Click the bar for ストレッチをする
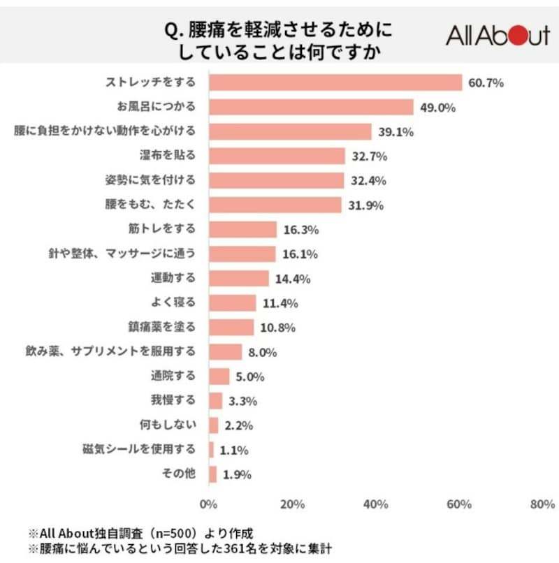click(335, 83)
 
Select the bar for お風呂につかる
click(311, 108)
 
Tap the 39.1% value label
click(395, 132)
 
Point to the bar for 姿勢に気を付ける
click(276, 180)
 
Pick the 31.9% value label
click(365, 205)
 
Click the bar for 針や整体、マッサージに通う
click(242, 254)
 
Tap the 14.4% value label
click(291, 278)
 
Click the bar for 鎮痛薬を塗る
click(231, 327)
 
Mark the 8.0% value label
click(265, 351)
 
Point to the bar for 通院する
click(219, 376)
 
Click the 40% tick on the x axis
click(377, 504)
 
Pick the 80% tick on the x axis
click(542, 504)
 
